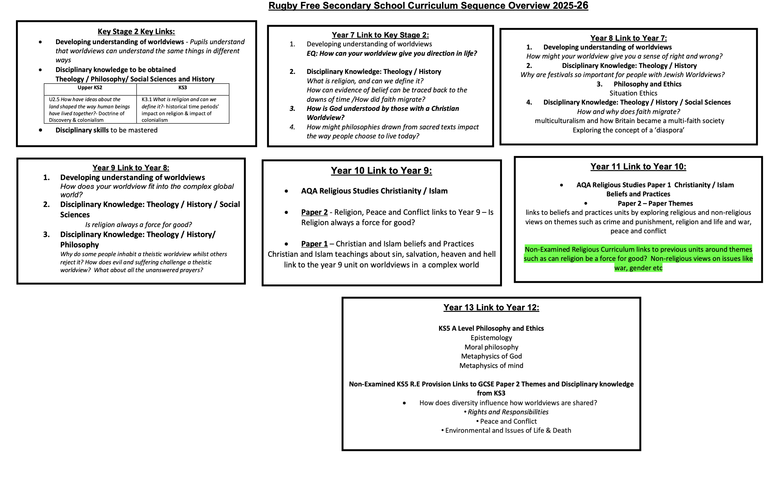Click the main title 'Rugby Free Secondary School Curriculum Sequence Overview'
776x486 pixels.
(428, 6)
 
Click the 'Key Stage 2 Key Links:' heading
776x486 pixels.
(136, 32)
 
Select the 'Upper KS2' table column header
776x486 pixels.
(90, 88)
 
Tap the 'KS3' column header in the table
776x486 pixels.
(182, 88)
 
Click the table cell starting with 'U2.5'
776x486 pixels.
(90, 110)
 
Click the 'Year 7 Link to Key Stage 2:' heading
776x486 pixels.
(380, 35)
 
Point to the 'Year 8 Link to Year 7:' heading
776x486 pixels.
(629, 38)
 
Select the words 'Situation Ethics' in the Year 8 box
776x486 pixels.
(633, 93)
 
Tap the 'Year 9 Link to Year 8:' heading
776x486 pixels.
(131, 168)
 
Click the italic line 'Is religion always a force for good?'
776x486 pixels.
(138, 225)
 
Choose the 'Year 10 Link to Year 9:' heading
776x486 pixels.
(381, 171)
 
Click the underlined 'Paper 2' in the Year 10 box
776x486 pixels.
(314, 212)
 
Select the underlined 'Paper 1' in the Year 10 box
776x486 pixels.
(314, 244)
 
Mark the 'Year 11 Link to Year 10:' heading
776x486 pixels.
(638, 167)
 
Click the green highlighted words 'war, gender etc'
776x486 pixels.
(638, 268)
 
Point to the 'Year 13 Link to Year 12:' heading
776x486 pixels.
(491, 308)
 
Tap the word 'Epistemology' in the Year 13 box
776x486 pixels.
(491, 338)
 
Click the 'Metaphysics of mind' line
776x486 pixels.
(491, 366)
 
